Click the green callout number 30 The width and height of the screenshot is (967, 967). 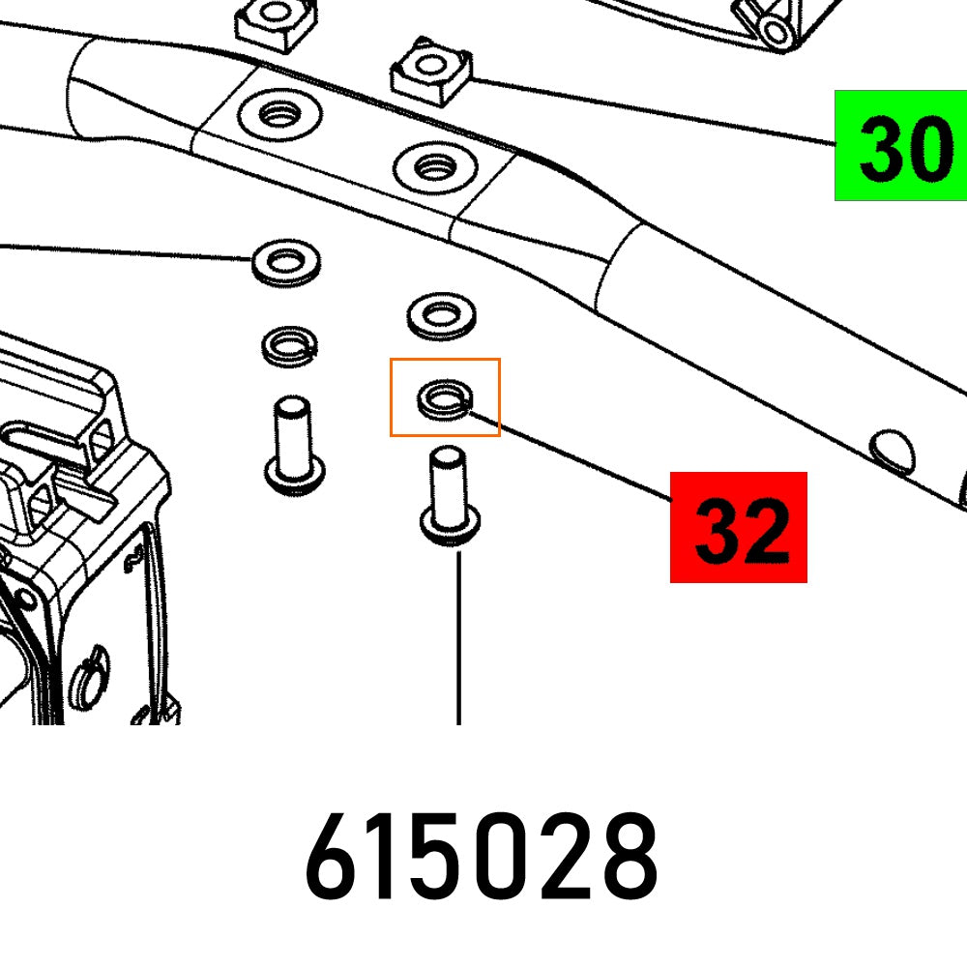905,150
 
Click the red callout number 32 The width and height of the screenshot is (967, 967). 742,530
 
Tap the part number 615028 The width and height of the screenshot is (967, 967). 482,856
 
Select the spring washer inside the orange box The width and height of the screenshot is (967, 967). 445,398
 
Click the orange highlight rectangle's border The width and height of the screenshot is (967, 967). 391,397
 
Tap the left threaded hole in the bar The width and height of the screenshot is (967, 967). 280,115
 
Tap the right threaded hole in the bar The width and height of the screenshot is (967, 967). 435,167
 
